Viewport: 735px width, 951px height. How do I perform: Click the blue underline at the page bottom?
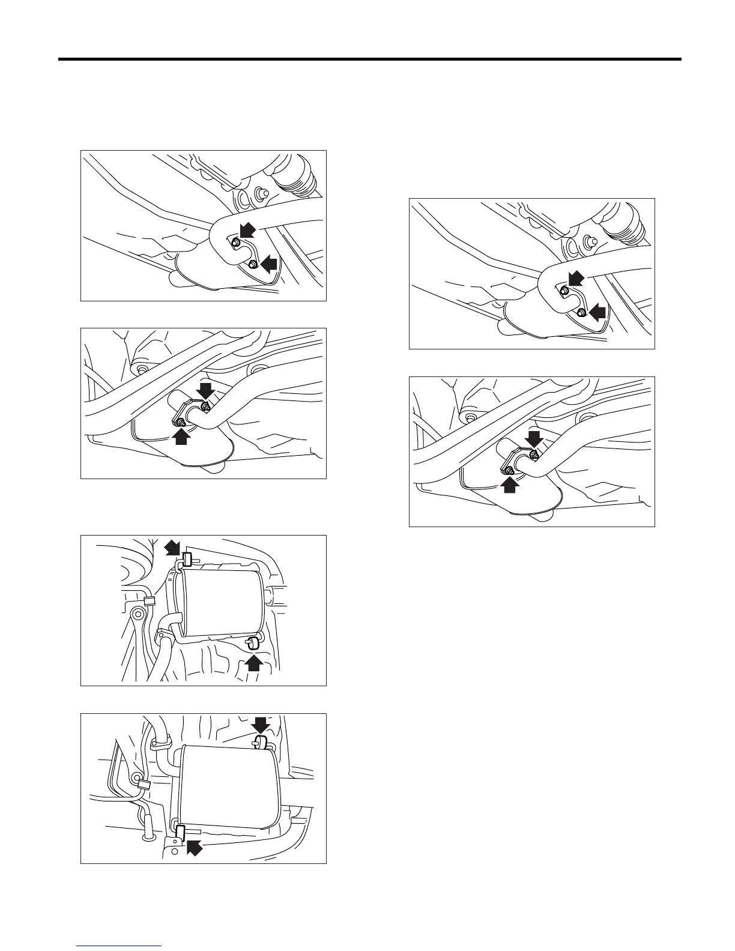pos(119,947)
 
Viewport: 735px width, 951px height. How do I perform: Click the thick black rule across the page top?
pos(369,59)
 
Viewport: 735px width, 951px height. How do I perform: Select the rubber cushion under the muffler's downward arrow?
pos(261,743)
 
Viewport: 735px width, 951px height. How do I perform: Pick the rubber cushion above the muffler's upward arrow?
pos(252,644)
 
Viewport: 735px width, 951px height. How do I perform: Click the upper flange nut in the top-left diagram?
pos(236,243)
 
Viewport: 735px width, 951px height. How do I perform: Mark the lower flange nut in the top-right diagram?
pos(581,313)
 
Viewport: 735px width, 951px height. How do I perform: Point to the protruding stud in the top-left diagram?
pos(261,193)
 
